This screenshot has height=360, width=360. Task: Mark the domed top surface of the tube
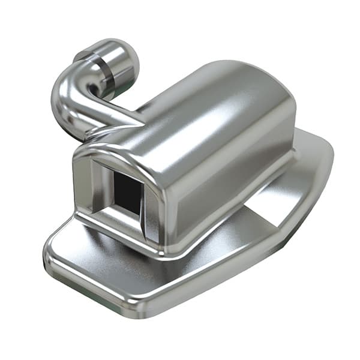point(198,96)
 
